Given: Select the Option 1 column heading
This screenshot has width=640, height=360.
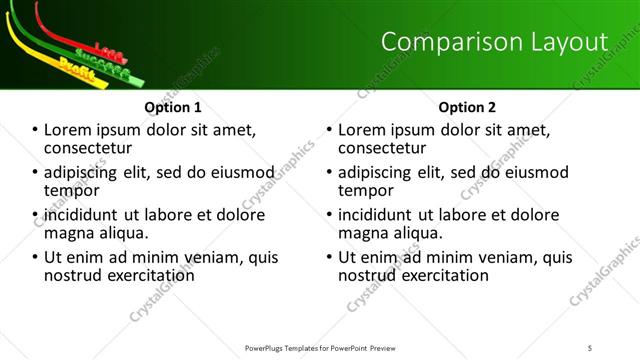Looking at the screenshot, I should (x=173, y=107).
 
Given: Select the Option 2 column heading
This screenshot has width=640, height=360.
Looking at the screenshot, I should (x=466, y=107).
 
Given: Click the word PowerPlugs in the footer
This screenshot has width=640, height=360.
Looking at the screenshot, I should (x=268, y=348).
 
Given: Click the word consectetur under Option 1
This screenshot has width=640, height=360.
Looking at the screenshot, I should (x=87, y=148).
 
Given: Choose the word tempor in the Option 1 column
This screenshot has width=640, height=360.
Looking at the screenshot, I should (x=70, y=190).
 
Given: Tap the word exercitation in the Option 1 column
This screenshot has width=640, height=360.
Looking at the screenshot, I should (x=149, y=275).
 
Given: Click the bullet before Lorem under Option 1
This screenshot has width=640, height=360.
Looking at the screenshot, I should (x=36, y=130).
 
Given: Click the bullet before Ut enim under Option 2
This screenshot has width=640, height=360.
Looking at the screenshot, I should (x=330, y=257).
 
